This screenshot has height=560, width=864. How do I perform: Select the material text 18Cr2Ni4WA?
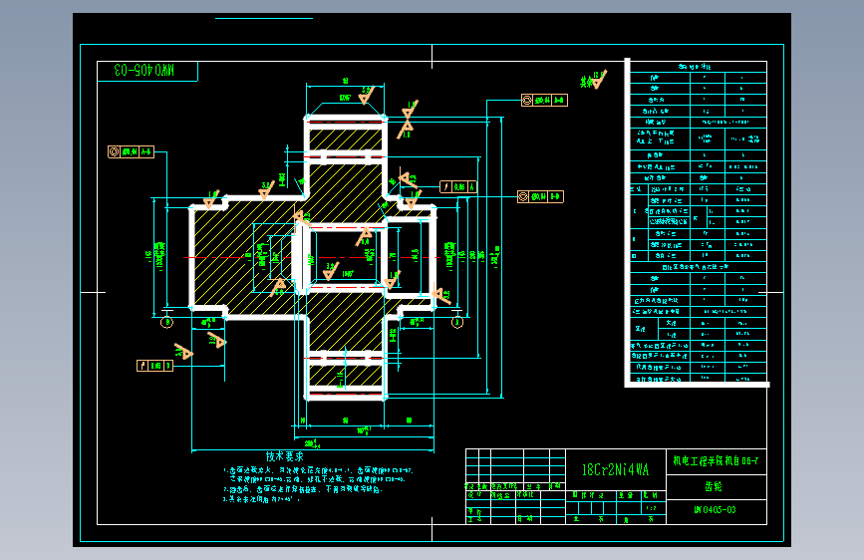615,468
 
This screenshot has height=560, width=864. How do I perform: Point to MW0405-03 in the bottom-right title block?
715,510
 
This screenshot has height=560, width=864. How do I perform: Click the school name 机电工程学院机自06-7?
715,460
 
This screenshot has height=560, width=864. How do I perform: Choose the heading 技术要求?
284,456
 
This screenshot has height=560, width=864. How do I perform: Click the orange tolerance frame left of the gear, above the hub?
131,151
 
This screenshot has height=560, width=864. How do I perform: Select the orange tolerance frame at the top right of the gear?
544,100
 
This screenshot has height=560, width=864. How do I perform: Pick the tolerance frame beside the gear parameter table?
540,196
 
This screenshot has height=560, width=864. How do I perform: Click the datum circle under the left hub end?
166,322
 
